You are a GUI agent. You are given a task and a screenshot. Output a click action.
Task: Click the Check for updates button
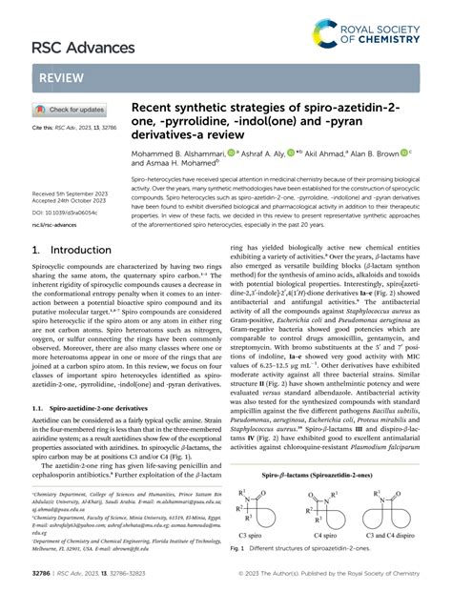72,110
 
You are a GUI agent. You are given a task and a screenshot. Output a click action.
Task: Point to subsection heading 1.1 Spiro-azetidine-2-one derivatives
88,404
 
